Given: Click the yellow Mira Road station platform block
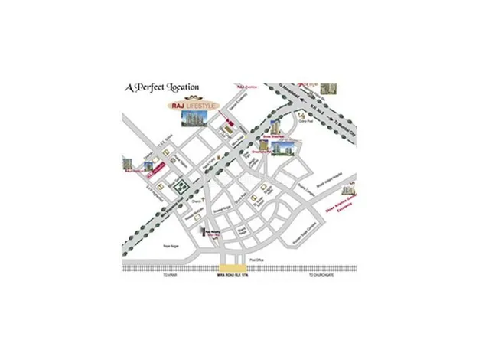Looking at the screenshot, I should click(x=229, y=269).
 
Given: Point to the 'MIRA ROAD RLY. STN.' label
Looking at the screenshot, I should click(x=229, y=276).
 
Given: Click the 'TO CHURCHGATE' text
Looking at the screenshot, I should click(x=318, y=275).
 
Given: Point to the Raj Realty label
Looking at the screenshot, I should click(x=212, y=231).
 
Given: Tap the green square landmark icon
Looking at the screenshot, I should click(x=181, y=186).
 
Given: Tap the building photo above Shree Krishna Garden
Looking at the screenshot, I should click(x=348, y=187).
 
